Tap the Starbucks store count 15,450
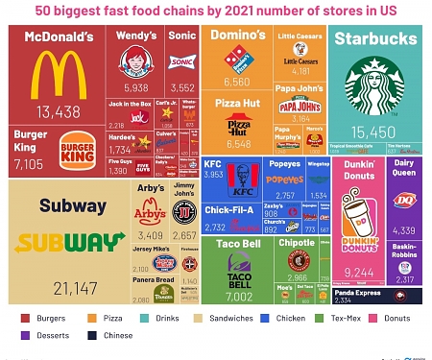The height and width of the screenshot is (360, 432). (373, 131)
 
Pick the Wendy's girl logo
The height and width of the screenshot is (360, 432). (135, 62)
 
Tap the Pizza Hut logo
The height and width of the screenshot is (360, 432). (237, 125)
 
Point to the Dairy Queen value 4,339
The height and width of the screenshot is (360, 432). (404, 230)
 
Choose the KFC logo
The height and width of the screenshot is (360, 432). (239, 176)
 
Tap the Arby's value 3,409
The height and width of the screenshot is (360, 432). (151, 235)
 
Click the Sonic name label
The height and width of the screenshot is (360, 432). (182, 36)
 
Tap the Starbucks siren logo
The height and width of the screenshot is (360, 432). (372, 85)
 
